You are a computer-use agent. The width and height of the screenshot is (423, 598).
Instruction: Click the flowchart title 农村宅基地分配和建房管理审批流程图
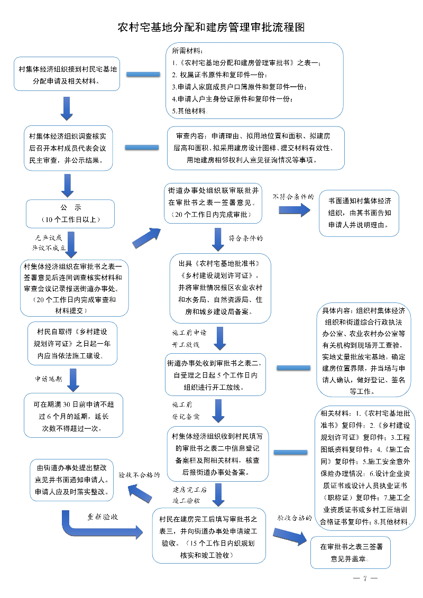coord(211,27)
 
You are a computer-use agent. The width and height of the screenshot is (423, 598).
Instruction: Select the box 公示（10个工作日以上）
coord(70,213)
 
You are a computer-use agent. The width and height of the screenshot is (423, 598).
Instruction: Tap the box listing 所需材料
coord(254,79)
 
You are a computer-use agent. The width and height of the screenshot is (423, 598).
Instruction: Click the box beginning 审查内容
coord(256,148)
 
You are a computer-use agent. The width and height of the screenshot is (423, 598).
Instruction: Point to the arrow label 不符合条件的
coord(293,197)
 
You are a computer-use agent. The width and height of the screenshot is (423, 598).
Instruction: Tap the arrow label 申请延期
coord(49,379)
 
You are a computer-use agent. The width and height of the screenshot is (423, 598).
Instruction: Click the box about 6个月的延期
coord(71,416)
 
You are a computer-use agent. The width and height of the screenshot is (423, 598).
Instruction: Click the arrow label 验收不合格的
coord(139,475)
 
